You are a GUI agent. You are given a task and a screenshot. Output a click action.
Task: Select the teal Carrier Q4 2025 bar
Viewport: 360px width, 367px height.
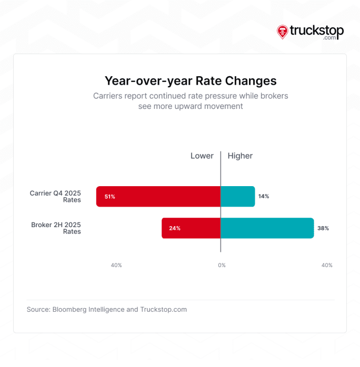[x=237, y=196]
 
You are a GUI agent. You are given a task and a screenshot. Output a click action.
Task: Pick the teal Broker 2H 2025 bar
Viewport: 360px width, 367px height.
[x=267, y=228]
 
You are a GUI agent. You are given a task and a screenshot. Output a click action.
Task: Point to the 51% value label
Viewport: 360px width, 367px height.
[x=109, y=197]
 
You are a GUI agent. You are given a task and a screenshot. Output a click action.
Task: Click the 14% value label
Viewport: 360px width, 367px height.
[x=264, y=197]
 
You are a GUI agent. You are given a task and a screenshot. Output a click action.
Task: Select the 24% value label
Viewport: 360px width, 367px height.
[x=175, y=229]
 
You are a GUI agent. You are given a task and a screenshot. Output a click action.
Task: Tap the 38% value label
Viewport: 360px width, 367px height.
[x=323, y=229]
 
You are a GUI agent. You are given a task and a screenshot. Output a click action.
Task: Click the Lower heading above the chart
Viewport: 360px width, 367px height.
[x=202, y=156]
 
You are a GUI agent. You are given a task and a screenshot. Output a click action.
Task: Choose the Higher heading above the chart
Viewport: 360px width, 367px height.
[x=240, y=156]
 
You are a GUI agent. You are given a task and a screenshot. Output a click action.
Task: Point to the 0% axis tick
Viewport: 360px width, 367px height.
[x=222, y=266]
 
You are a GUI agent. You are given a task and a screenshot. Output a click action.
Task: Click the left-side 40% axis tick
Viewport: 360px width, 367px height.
[x=116, y=266]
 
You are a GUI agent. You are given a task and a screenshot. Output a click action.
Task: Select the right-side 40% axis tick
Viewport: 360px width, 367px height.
[x=327, y=266]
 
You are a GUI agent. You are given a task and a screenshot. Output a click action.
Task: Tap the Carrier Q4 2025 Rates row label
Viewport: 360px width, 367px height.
[x=55, y=197]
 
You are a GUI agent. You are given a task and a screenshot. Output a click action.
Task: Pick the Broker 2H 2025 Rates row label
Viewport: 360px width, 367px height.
[x=56, y=228]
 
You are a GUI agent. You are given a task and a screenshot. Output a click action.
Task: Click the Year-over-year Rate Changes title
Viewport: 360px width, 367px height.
[x=191, y=81]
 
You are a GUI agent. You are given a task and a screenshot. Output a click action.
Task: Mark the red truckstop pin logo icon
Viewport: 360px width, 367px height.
[x=283, y=32]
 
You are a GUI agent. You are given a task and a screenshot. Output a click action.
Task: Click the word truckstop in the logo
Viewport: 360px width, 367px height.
[x=317, y=30]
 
